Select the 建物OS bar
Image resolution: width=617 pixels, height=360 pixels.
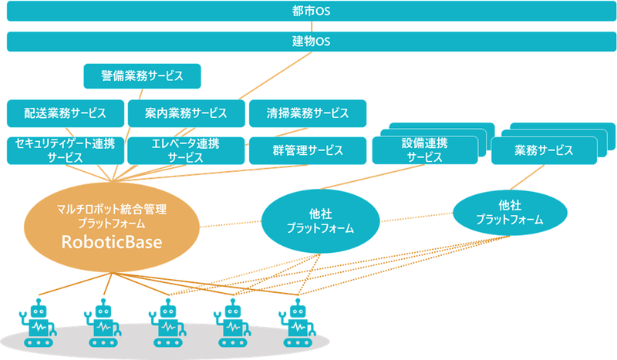308,41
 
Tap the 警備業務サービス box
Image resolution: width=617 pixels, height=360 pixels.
142,76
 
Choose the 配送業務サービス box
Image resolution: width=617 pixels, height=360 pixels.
66,113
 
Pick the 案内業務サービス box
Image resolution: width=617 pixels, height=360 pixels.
186,113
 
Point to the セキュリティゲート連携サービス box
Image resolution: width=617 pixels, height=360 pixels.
66,150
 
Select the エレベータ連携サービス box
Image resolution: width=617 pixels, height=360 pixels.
186,150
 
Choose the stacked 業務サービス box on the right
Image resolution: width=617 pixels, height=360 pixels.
543,150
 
